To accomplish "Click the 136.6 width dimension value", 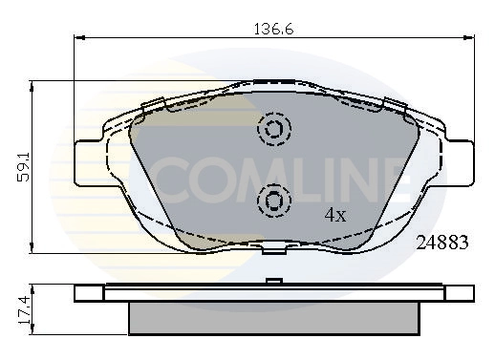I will click(272, 29).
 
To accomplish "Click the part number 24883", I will click(441, 243).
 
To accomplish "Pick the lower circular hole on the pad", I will click(275, 200).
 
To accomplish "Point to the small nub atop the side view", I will click(274, 281).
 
